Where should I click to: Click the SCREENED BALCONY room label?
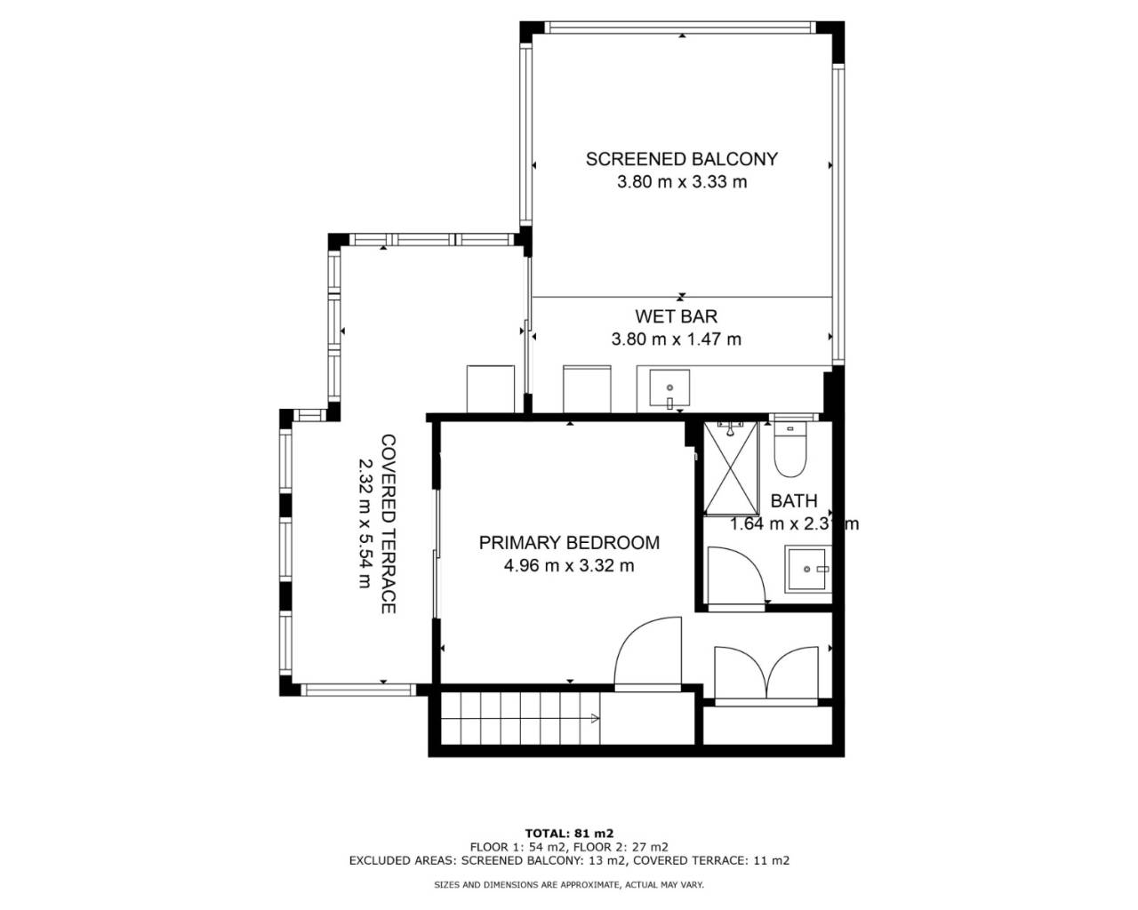(x=682, y=159)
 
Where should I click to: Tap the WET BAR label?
(x=677, y=316)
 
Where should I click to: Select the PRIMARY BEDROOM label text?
(x=569, y=543)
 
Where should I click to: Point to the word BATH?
(x=794, y=501)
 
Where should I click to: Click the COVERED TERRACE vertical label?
(x=389, y=524)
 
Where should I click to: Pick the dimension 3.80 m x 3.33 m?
(x=682, y=182)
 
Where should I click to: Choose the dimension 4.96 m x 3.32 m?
(x=569, y=566)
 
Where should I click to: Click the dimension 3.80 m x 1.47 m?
(x=677, y=339)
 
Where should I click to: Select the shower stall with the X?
(x=731, y=467)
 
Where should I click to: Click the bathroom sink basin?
(x=805, y=569)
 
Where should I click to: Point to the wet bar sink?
(x=669, y=387)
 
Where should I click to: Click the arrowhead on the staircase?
(x=595, y=719)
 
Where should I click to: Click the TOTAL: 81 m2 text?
(x=569, y=834)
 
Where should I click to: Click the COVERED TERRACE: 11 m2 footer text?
(x=711, y=860)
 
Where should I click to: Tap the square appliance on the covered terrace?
(x=491, y=388)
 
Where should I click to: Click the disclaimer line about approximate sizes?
(x=569, y=884)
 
